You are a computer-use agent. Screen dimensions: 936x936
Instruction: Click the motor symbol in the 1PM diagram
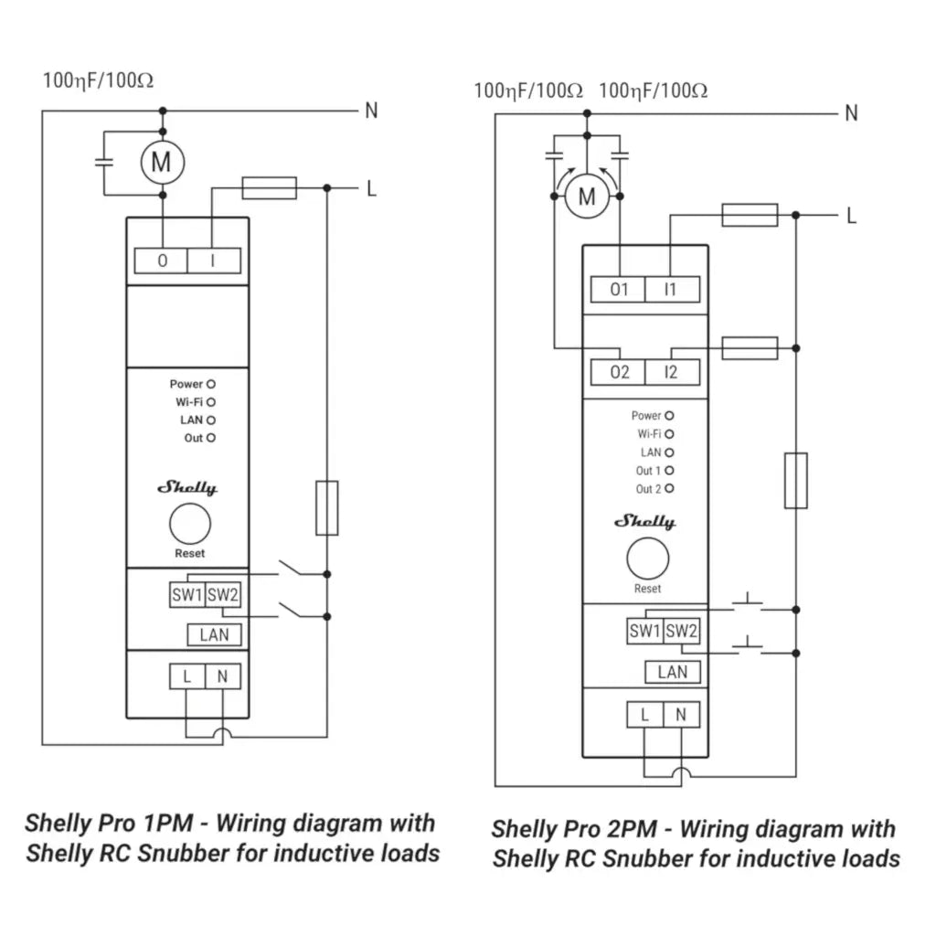(x=162, y=163)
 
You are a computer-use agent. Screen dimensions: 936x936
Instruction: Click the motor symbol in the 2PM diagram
(x=587, y=197)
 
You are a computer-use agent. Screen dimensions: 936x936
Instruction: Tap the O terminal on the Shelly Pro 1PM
(x=162, y=261)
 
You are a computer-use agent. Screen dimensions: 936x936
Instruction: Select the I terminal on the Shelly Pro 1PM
(x=213, y=261)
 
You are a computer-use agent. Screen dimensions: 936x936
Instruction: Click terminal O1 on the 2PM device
(x=619, y=290)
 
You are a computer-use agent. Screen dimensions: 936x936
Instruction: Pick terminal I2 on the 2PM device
(x=671, y=372)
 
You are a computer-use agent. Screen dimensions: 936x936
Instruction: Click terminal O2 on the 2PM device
(x=619, y=372)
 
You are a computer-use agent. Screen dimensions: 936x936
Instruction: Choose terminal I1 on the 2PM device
(x=671, y=290)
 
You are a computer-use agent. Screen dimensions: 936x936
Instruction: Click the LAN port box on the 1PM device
(x=214, y=634)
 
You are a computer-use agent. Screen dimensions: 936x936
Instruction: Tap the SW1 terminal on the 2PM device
(x=644, y=631)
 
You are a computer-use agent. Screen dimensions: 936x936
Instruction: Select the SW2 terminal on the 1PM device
(x=223, y=595)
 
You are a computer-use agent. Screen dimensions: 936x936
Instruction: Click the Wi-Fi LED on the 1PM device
(x=211, y=402)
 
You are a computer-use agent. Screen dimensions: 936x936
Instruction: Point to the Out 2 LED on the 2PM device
(x=670, y=489)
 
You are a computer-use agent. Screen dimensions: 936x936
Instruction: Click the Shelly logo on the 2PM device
(x=644, y=522)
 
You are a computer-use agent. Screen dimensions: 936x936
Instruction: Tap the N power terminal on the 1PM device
(x=222, y=677)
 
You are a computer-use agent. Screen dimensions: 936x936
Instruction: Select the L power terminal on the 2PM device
(x=644, y=716)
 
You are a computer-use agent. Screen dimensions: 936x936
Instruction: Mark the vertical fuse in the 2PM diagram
(x=795, y=479)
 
